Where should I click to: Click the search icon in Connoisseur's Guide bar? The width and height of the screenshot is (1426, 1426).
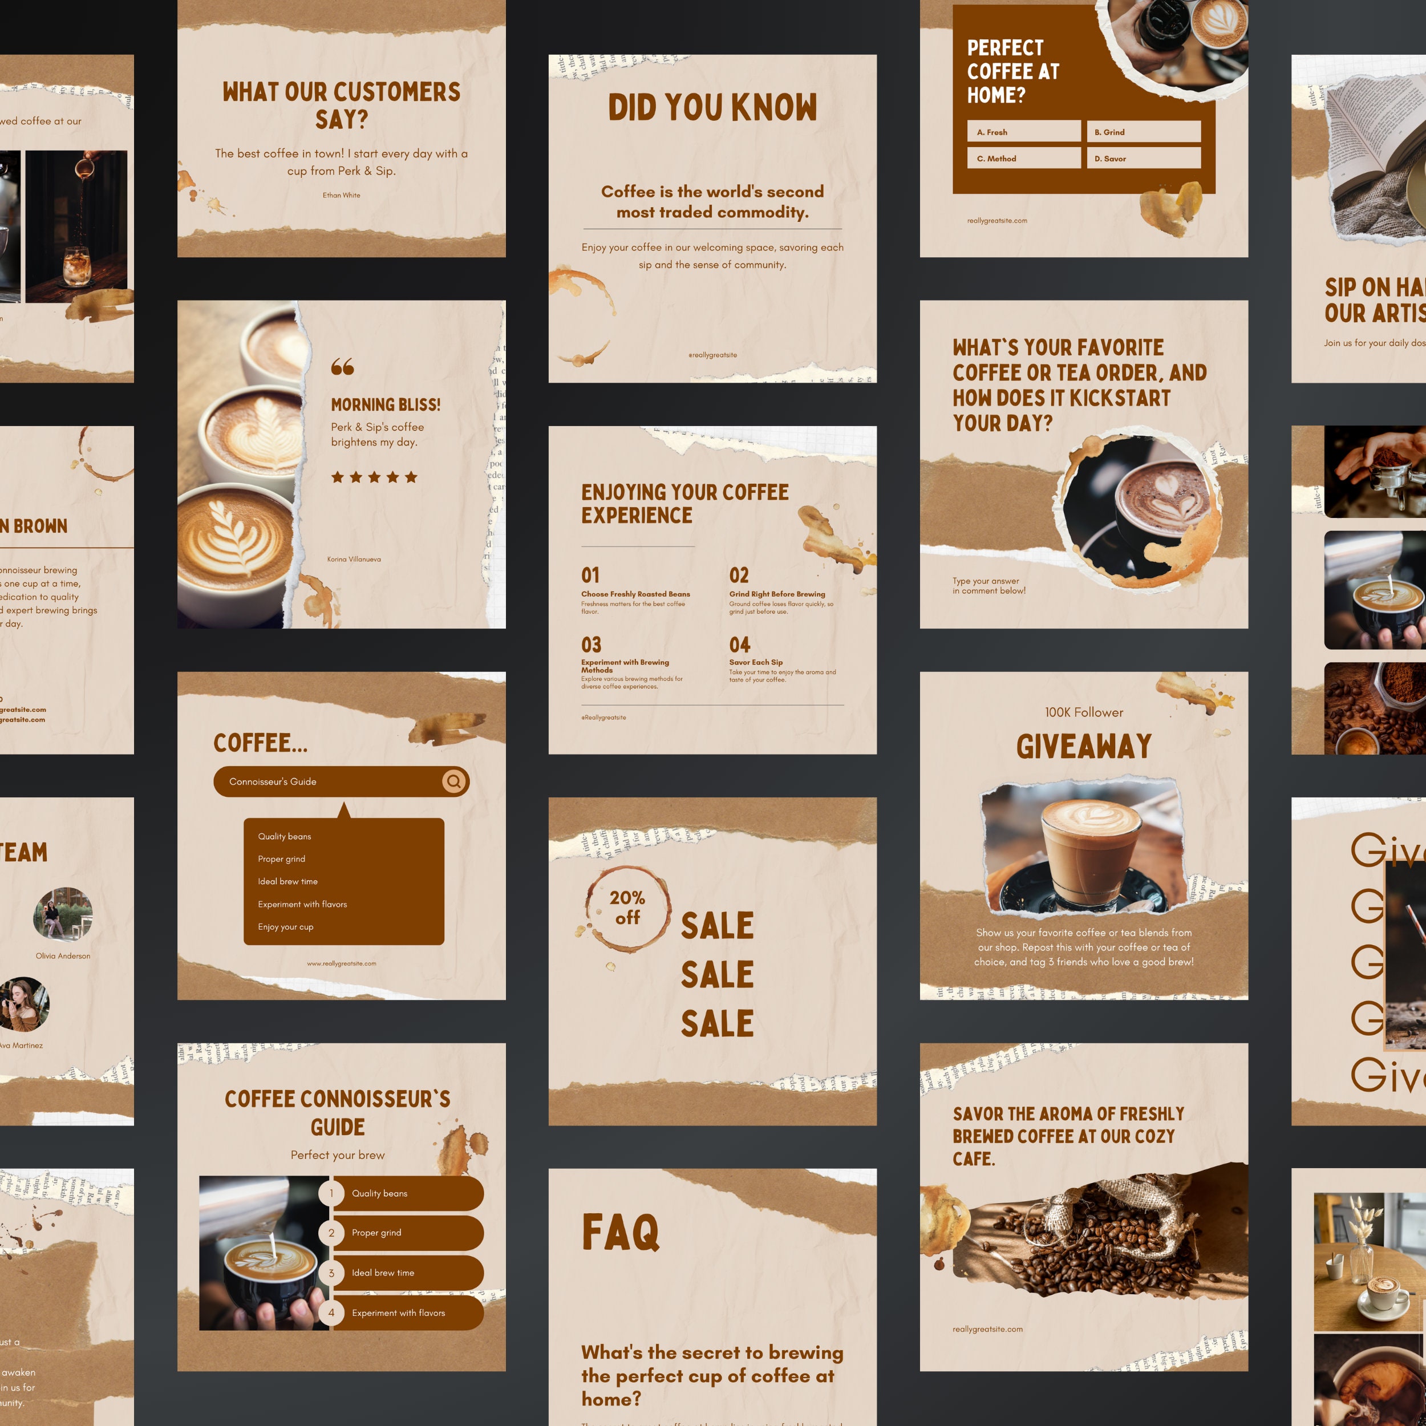point(454,781)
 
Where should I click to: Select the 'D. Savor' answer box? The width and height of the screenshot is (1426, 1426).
point(1143,158)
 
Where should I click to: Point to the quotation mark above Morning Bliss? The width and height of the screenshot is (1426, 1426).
point(342,366)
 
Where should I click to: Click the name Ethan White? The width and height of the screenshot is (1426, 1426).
point(341,196)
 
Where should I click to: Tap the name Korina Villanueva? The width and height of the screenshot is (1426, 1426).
point(354,560)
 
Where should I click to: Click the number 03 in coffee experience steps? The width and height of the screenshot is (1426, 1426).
point(591,645)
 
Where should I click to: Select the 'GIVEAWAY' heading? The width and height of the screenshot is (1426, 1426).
point(1084,746)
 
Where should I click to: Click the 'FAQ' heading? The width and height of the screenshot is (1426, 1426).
point(620,1232)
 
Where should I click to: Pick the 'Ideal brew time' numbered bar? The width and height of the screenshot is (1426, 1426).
point(406,1273)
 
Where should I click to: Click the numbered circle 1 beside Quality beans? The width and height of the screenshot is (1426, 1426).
point(331,1193)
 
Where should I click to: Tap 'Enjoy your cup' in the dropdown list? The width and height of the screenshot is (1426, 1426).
point(286,927)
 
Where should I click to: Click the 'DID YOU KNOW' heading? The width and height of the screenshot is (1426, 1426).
point(712,108)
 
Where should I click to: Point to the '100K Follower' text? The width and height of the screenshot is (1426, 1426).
point(1084,712)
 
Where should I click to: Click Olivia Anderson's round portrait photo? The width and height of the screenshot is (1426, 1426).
point(63,914)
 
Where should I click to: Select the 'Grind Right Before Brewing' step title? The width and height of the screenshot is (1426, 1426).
point(777,594)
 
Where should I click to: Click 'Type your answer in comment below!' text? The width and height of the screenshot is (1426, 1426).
point(989,586)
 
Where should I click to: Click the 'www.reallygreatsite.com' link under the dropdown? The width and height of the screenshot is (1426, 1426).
point(342,963)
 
